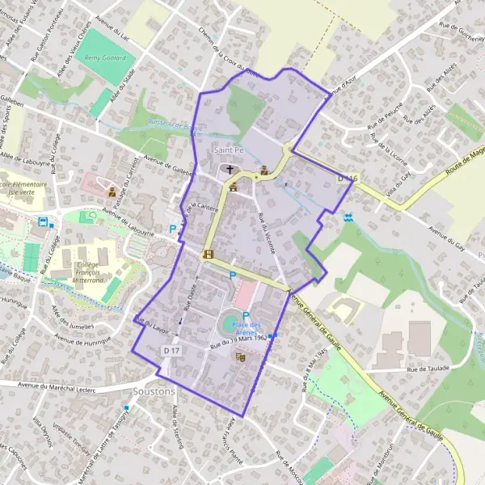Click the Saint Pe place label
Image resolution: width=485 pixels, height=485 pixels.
click(x=230, y=150)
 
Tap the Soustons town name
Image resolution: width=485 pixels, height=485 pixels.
click(x=153, y=391)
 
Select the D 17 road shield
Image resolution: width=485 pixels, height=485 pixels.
click(x=171, y=350)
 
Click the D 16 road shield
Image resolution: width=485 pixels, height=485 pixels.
click(x=347, y=177)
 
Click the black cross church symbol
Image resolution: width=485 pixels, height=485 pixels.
click(x=230, y=170)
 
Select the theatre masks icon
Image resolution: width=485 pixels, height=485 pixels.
click(x=239, y=356)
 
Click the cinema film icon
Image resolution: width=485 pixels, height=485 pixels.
click(x=209, y=255)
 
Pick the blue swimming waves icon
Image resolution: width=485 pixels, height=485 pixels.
click(x=348, y=217)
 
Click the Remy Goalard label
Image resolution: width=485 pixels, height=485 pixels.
click(x=107, y=58)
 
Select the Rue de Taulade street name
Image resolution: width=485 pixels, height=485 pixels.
click(x=426, y=369)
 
